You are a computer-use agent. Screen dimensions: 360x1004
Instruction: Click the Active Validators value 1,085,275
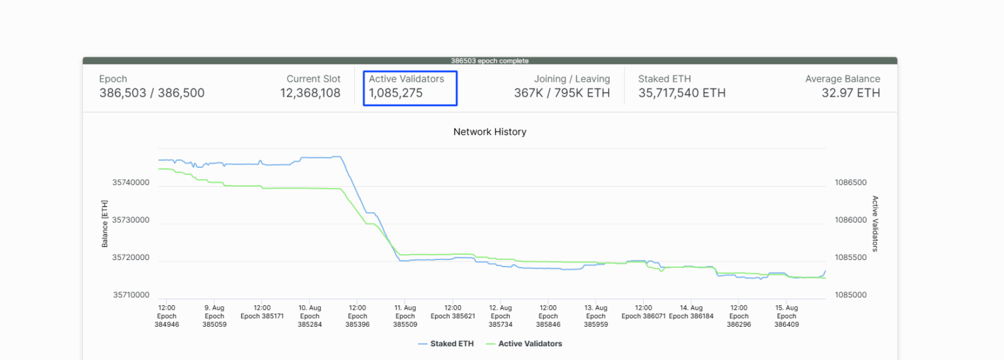(x=395, y=93)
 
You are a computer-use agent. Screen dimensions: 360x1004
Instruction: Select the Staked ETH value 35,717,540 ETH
(x=682, y=93)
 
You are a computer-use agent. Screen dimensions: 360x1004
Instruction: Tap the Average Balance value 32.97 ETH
(x=850, y=93)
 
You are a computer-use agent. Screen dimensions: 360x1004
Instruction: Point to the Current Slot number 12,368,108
(x=310, y=93)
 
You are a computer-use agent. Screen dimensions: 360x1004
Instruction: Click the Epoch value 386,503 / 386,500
(x=152, y=93)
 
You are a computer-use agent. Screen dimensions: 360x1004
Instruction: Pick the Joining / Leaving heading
(x=571, y=79)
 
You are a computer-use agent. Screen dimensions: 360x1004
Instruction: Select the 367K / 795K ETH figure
(x=561, y=93)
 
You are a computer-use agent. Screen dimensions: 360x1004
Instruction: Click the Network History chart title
(x=490, y=132)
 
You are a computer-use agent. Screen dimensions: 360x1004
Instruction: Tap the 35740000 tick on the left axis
(x=131, y=183)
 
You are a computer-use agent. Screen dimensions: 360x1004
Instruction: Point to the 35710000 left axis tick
(x=131, y=295)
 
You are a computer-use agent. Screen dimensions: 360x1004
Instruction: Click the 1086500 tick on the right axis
(x=850, y=183)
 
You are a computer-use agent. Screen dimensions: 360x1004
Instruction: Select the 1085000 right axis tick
(x=850, y=295)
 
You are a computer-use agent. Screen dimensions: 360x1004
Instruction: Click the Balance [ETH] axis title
(x=105, y=224)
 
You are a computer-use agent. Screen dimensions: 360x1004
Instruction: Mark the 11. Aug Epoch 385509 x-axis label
(x=405, y=316)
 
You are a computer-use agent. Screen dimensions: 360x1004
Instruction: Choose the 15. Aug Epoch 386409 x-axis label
(x=786, y=316)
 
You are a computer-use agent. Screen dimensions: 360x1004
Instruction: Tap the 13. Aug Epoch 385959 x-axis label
(x=596, y=316)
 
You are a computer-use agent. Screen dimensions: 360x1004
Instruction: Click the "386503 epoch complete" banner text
(x=490, y=61)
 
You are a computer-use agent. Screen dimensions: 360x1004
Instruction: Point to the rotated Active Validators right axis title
(x=875, y=223)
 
